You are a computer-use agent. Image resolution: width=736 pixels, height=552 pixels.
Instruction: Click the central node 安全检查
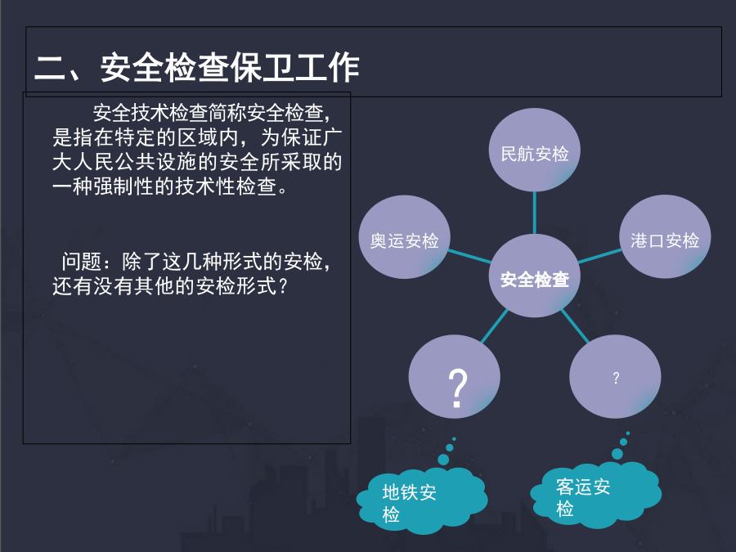(x=535, y=276)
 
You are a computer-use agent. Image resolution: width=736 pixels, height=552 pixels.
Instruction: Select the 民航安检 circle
(x=535, y=150)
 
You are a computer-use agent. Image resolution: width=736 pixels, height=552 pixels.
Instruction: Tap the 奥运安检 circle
(x=405, y=237)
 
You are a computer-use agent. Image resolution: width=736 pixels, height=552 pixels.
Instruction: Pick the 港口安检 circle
(x=665, y=236)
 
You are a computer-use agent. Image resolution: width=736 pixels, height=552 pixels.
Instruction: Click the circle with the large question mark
(x=455, y=376)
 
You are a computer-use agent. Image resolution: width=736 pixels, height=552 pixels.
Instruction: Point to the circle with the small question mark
(x=615, y=376)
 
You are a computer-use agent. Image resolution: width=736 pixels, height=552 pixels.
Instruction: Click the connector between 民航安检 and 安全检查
(x=535, y=213)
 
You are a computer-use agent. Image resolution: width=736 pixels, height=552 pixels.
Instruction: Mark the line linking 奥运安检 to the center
(x=469, y=257)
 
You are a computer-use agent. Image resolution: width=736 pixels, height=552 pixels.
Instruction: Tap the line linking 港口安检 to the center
(x=600, y=256)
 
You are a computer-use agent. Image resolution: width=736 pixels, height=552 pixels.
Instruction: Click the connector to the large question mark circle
(x=495, y=326)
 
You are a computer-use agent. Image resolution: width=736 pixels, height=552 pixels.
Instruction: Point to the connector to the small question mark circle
(x=575, y=326)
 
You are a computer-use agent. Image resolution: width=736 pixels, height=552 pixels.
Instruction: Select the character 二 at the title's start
(x=50, y=68)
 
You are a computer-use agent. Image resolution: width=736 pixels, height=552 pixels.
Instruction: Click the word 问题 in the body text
(x=82, y=262)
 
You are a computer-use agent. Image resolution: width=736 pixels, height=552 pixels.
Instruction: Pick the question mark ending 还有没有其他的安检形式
(x=283, y=286)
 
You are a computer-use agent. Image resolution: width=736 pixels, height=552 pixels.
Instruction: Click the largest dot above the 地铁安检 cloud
(x=443, y=459)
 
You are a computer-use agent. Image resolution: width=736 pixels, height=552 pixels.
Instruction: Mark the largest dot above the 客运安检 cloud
(x=617, y=453)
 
